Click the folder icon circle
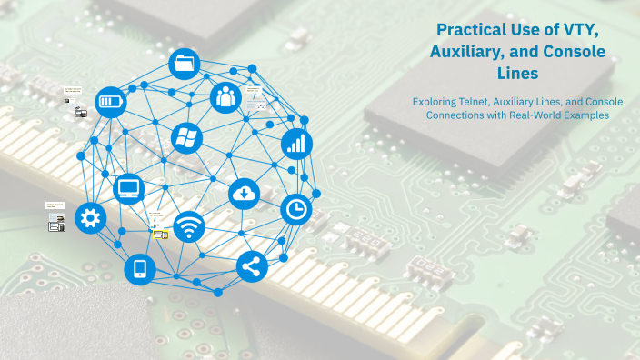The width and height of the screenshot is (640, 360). click(x=185, y=64)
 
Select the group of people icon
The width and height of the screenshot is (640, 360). click(x=225, y=97)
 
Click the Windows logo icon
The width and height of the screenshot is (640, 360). click(x=186, y=138)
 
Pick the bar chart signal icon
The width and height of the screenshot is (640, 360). click(x=296, y=142)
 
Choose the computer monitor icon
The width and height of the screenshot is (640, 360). click(x=130, y=188)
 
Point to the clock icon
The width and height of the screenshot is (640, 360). click(x=295, y=209)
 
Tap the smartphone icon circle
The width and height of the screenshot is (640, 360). click(x=140, y=268)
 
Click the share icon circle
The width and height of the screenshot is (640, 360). click(x=252, y=266)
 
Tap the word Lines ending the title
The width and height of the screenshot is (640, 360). click(x=518, y=73)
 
